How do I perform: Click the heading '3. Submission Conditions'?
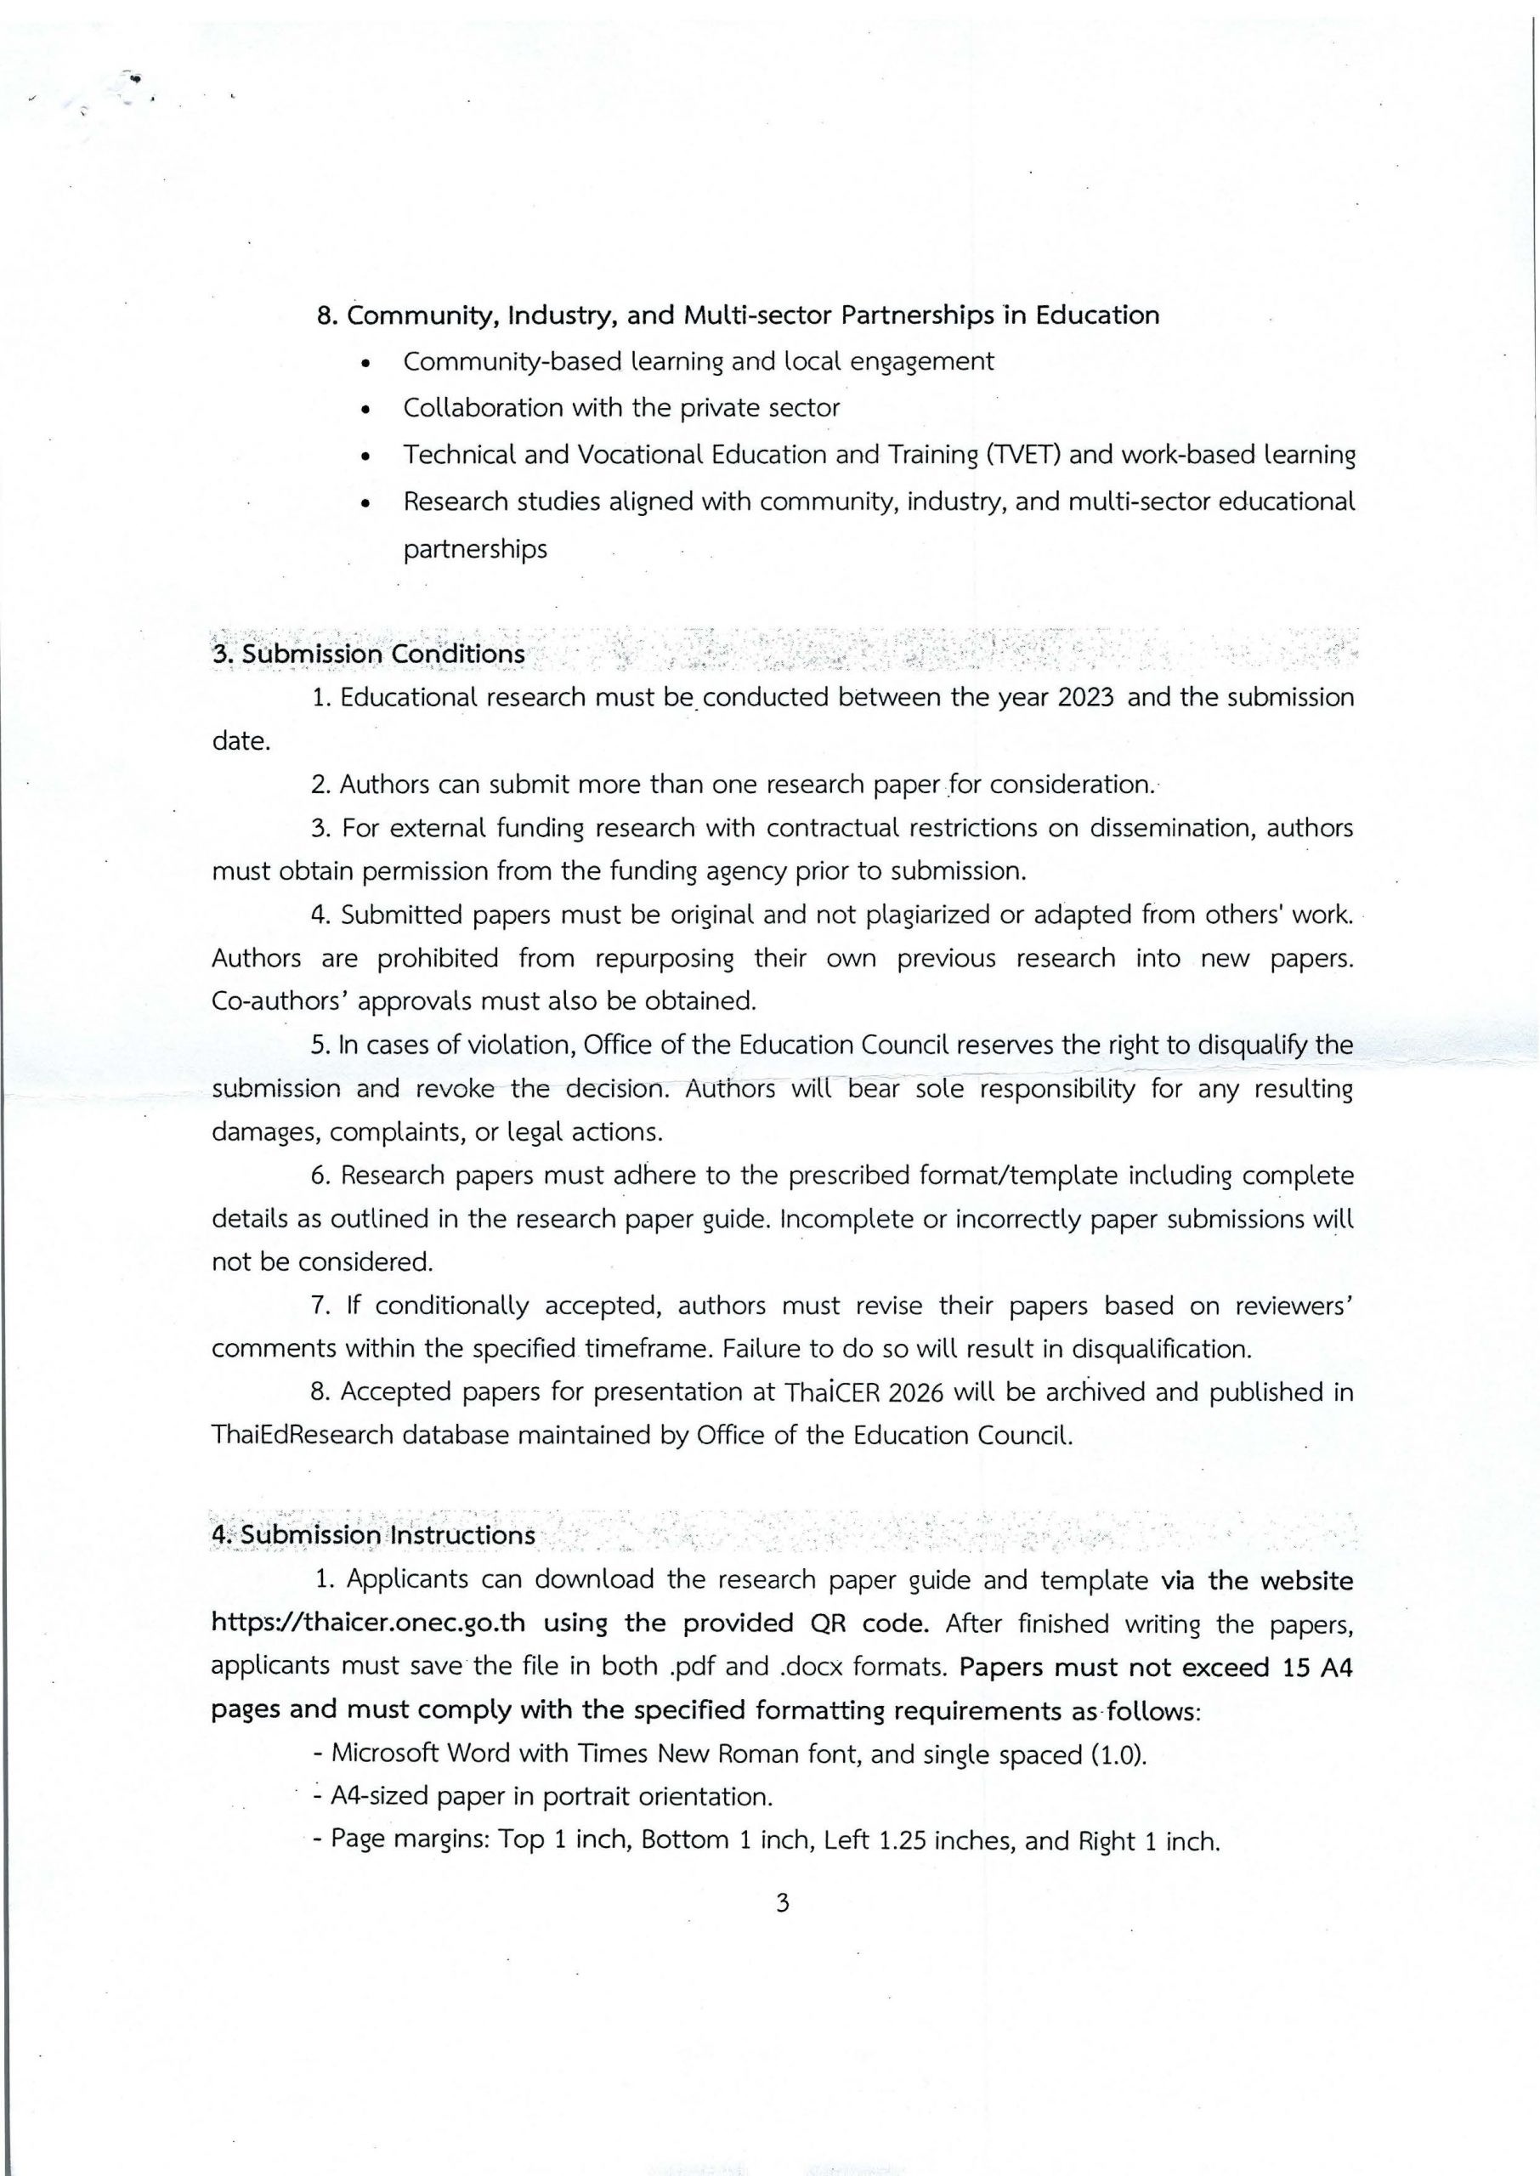[x=368, y=654]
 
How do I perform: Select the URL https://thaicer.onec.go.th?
[x=368, y=1623]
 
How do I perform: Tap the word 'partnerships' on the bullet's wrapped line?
[x=475, y=549]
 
